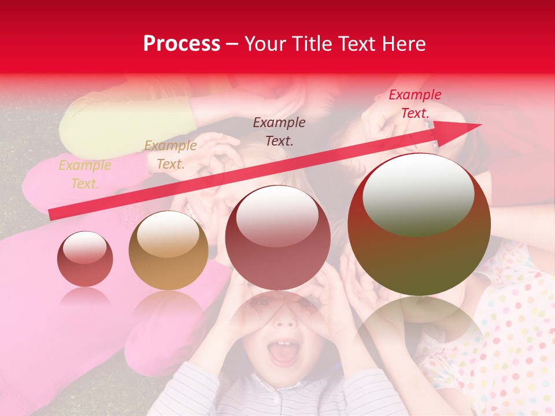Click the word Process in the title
182,44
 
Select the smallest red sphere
85,259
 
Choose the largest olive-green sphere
419,224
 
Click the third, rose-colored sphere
277,237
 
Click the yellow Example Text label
84,174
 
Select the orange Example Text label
170,155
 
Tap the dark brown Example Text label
279,131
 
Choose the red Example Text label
415,104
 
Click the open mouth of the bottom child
283,353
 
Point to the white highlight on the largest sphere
418,194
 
